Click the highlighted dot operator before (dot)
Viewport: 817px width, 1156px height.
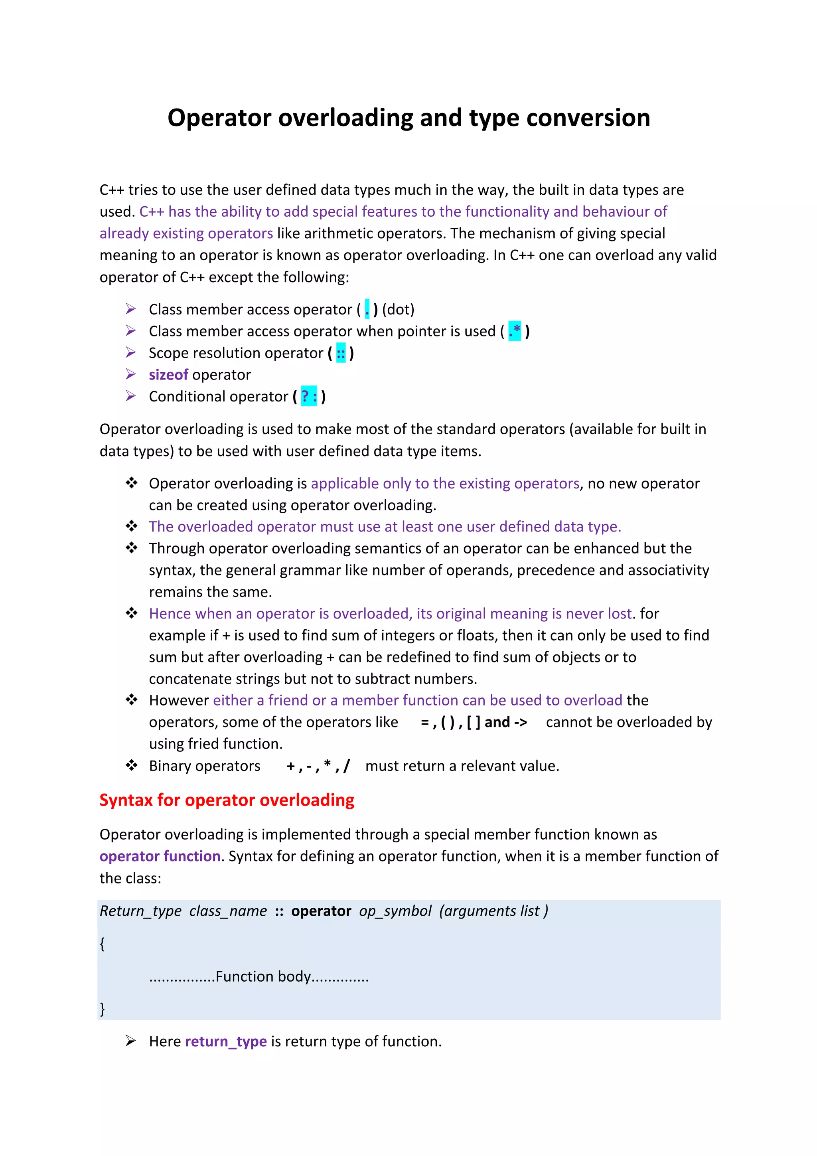point(367,309)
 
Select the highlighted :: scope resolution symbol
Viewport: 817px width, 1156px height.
point(341,353)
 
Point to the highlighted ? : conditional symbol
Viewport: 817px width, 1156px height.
point(309,397)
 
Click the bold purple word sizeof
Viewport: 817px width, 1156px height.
point(168,375)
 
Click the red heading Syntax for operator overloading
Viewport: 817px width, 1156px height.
point(227,800)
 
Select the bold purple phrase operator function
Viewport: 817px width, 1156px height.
point(160,856)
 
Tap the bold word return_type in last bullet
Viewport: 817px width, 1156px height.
point(225,1041)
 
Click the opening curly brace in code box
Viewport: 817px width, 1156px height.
point(102,944)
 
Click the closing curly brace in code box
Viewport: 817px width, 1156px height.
point(102,1008)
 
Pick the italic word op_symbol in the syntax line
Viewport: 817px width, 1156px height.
point(395,911)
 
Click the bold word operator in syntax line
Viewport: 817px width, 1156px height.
point(321,911)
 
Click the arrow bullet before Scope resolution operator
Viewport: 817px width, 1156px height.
point(131,352)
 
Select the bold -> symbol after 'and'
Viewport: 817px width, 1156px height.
point(521,722)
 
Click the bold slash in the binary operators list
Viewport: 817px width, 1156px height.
point(346,766)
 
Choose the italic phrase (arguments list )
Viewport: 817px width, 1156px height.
point(493,911)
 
